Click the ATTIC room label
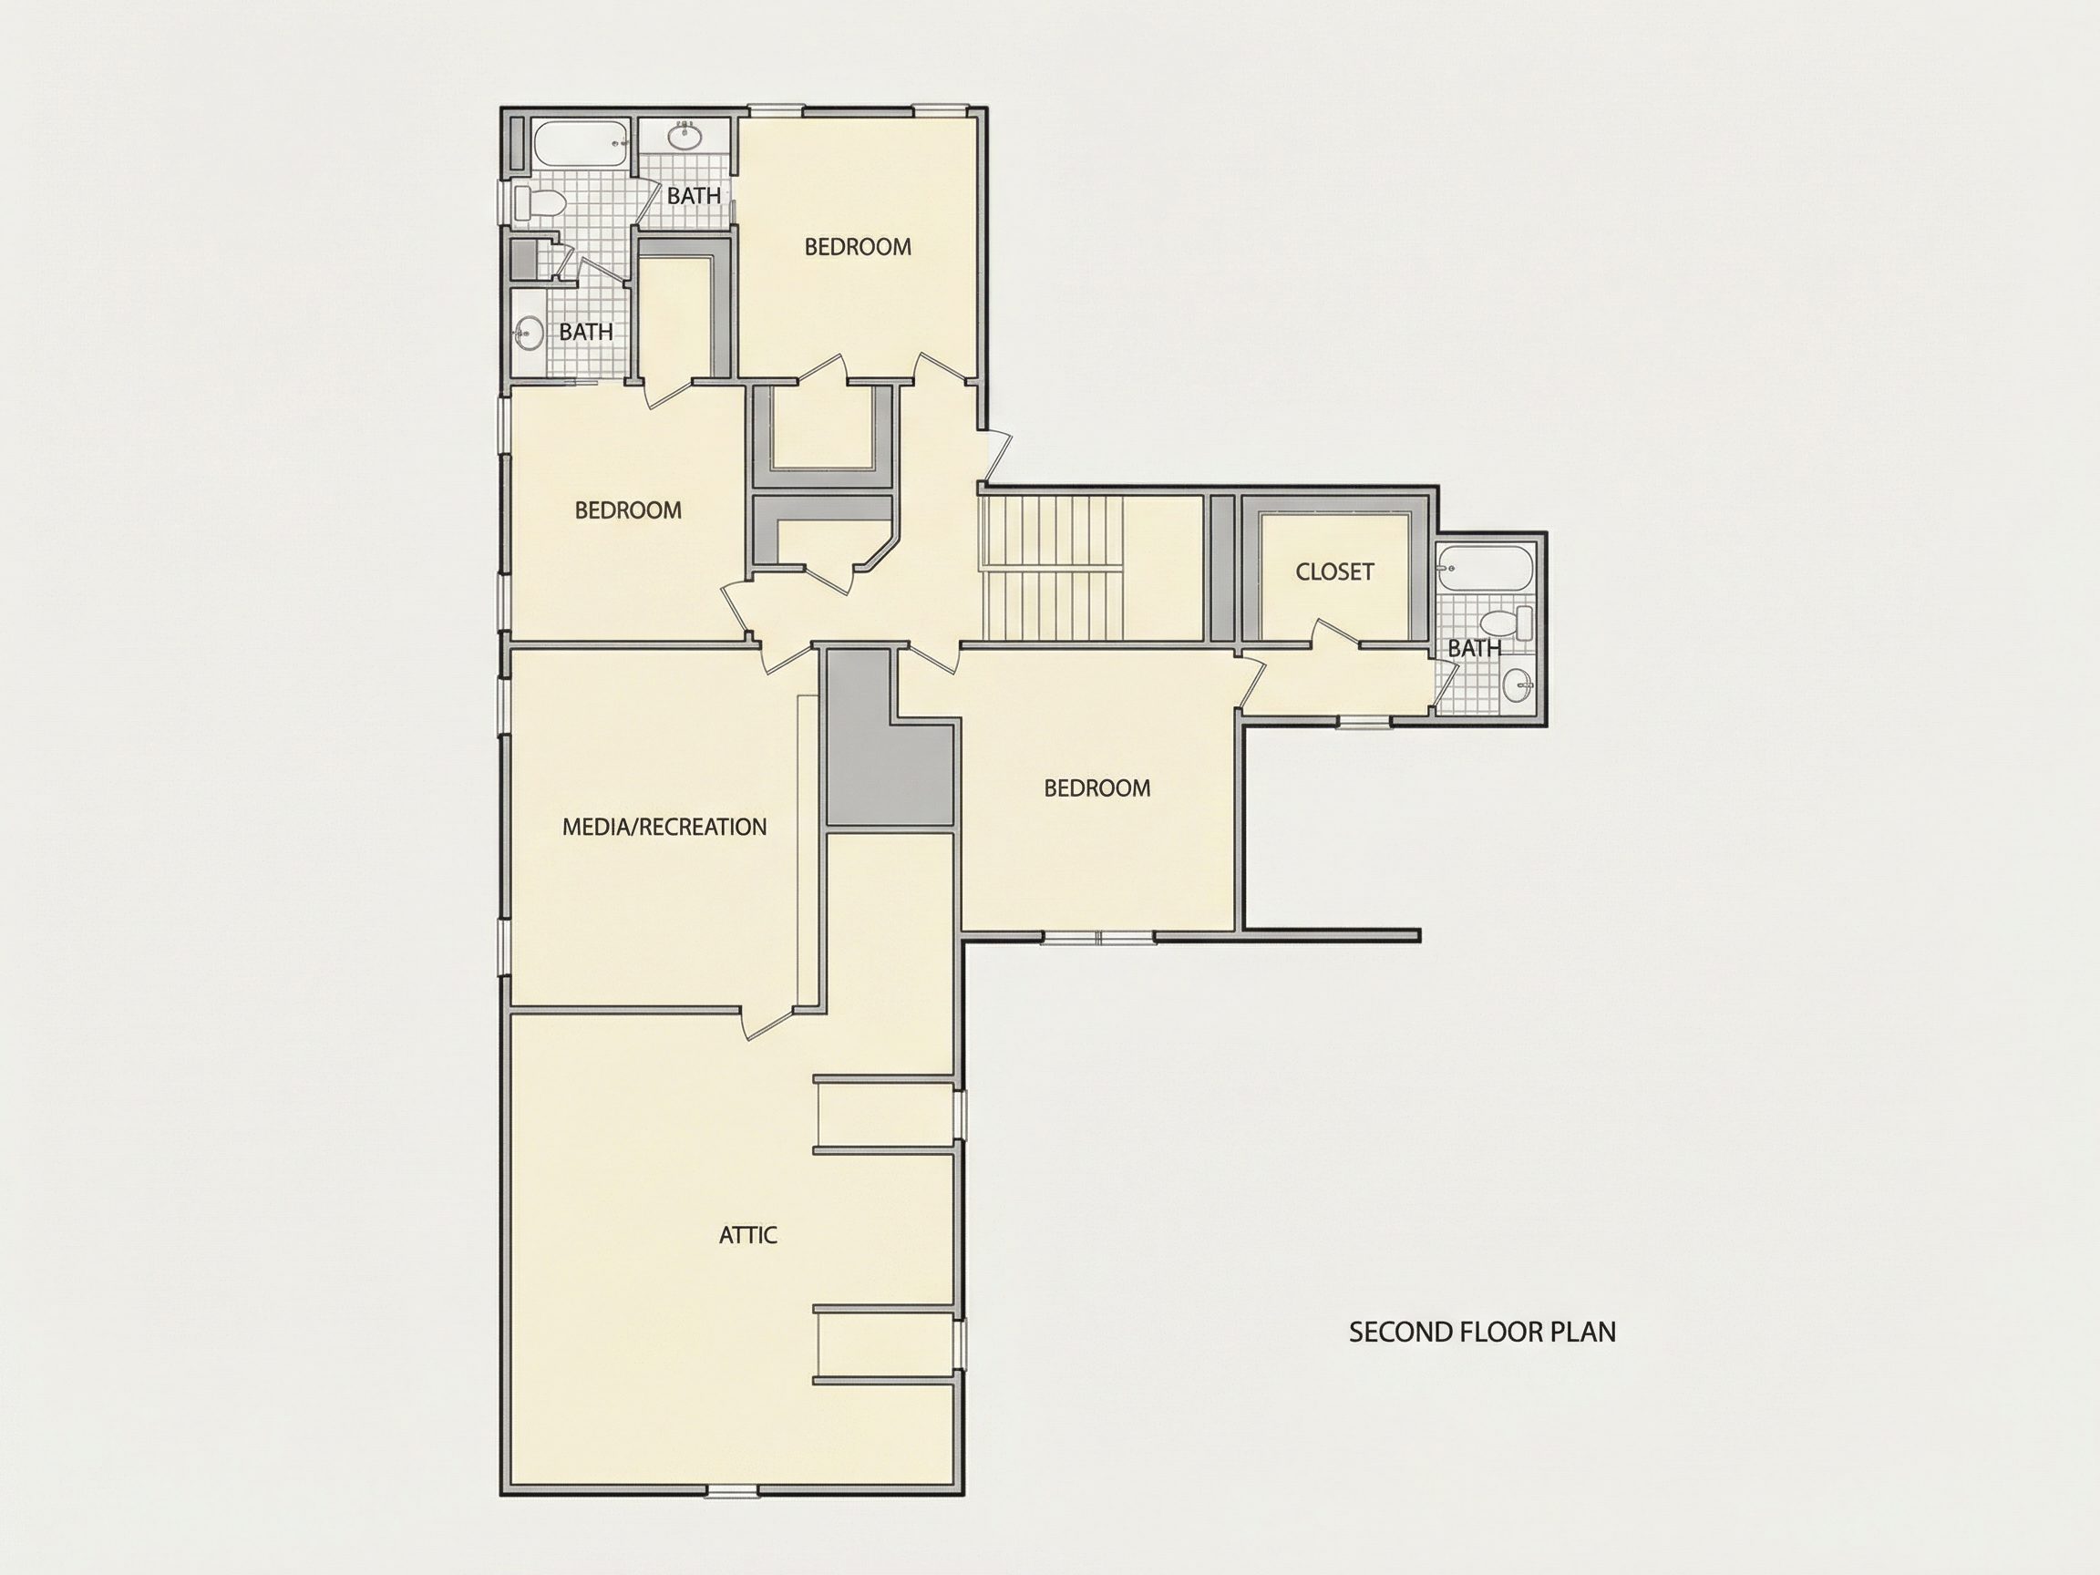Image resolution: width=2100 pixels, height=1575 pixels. tap(748, 1235)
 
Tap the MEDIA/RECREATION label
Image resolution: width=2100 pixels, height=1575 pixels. tap(664, 827)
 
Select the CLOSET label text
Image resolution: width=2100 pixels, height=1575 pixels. tap(1334, 571)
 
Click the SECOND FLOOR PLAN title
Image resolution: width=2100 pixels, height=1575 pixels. tap(1482, 1332)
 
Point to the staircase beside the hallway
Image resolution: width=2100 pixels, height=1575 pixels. tap(1054, 569)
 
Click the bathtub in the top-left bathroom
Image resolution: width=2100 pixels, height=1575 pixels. tap(580, 143)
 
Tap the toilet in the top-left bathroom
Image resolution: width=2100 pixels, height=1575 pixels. tap(540, 202)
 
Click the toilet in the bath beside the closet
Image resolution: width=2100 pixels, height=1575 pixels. tap(1508, 623)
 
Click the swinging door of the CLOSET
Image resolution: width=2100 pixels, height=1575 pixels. tap(1337, 635)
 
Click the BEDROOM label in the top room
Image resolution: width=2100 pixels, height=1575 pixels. tap(859, 247)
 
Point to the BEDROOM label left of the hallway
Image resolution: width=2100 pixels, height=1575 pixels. tap(629, 510)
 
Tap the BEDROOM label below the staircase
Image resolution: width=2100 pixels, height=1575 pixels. tap(1097, 788)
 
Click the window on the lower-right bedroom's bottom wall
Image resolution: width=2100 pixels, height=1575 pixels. tap(1098, 937)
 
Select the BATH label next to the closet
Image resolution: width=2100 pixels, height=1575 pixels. tap(1475, 648)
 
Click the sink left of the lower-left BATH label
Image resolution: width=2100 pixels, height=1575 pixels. tap(528, 334)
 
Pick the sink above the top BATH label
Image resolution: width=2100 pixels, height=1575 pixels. tap(684, 137)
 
